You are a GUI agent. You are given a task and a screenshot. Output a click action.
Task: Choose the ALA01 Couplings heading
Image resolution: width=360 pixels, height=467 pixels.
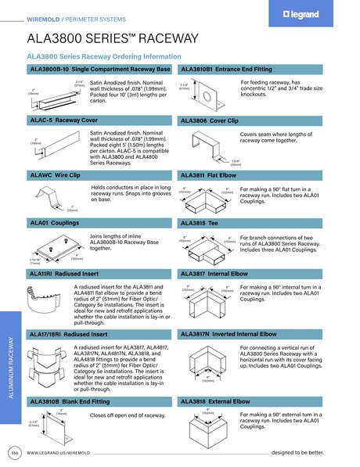pos(57,224)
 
